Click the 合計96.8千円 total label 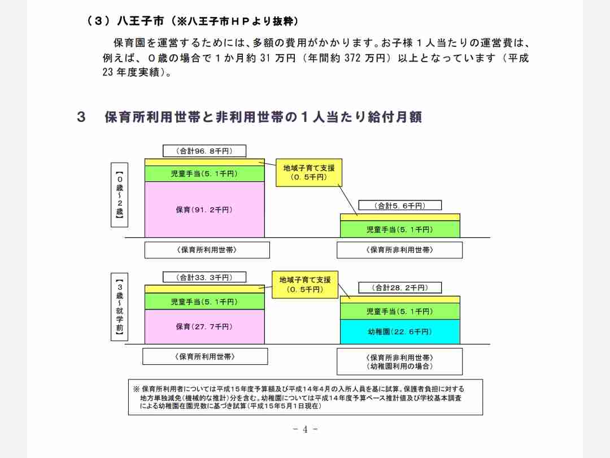204,151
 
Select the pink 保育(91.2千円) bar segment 204,210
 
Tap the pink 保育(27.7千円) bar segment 204,326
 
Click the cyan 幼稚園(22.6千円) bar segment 400,331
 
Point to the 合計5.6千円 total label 400,205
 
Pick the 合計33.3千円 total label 204,277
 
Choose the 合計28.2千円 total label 400,287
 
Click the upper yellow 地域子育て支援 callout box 309,172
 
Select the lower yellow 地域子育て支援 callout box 305,285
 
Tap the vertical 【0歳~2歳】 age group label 119,195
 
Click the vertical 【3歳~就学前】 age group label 119,307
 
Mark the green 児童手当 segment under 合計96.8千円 204,173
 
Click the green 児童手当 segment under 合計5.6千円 400,229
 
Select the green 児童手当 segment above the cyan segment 400,311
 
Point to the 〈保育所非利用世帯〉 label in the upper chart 399,250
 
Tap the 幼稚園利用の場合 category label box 399,361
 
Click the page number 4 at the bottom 305,429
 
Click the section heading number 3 81,117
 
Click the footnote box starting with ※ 306,398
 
